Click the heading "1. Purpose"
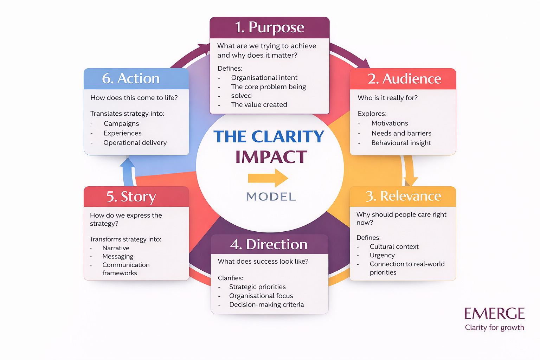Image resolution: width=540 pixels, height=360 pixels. tap(269, 27)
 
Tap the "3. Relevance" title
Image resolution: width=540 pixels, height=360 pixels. tap(403, 196)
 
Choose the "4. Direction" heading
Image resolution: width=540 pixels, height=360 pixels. tap(269, 244)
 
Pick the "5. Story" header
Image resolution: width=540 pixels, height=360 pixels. tap(131, 197)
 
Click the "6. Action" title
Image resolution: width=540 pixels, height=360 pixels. tap(131, 78)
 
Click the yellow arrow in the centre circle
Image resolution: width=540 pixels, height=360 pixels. tap(268, 178)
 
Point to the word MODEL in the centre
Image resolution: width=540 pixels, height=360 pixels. tap(271, 197)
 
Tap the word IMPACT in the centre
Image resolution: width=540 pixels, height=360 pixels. tap(271, 157)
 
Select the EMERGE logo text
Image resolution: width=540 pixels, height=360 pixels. tap(494, 314)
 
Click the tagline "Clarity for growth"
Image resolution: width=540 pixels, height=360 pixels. tap(494, 328)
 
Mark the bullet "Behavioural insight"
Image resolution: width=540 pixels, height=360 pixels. tap(401, 143)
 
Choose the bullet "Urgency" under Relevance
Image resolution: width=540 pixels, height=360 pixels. tap(382, 255)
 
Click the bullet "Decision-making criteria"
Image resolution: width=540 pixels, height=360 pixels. tap(266, 305)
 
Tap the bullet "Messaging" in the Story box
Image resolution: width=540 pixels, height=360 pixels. tap(118, 257)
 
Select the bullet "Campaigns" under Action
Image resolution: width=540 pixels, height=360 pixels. tap(121, 124)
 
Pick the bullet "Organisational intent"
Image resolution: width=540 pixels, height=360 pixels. tap(264, 78)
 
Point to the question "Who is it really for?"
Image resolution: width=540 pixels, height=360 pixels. tap(387, 98)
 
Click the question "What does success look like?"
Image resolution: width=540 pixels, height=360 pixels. tap(263, 262)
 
